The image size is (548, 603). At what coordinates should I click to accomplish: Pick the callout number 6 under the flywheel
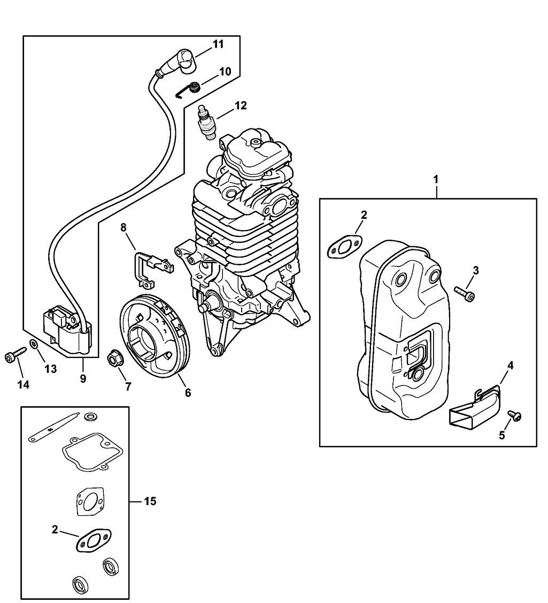coord(188,392)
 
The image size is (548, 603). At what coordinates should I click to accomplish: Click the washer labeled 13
coord(33,344)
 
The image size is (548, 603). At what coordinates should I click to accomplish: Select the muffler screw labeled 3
coord(465,292)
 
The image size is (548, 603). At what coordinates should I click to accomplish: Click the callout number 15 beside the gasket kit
coord(150,501)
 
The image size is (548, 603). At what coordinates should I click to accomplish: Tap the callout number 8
coord(124,227)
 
